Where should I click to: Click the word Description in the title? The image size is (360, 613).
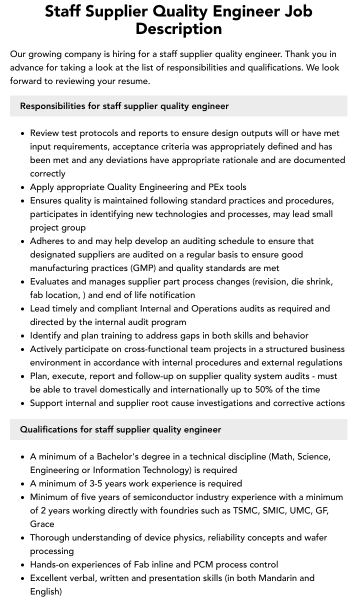pyautogui.click(x=178, y=28)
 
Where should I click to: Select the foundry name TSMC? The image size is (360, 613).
pyautogui.click(x=246, y=510)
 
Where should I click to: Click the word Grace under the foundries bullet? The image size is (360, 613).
pyautogui.click(x=42, y=524)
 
